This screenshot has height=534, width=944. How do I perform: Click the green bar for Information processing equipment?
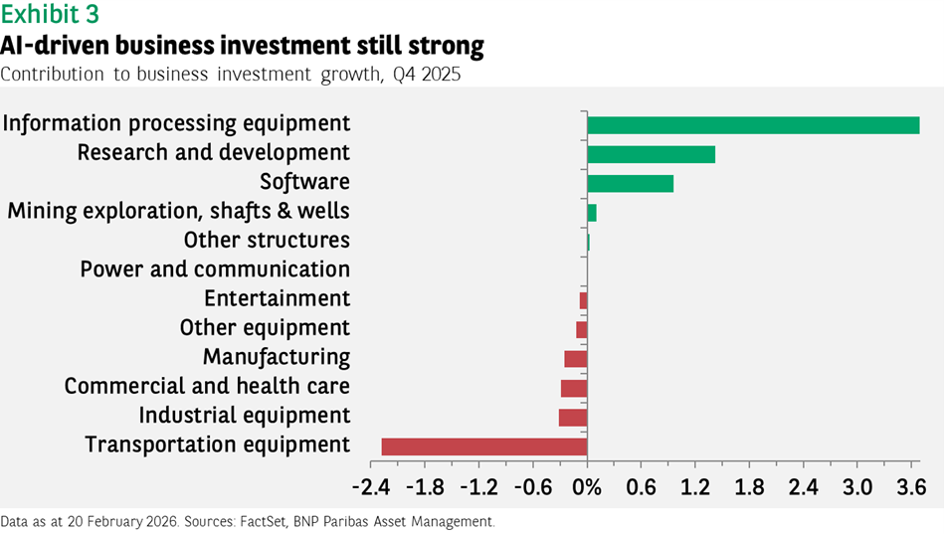click(753, 125)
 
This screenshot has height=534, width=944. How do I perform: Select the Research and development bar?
click(651, 154)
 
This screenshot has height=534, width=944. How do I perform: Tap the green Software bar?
click(630, 183)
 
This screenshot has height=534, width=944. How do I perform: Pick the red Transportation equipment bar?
click(484, 446)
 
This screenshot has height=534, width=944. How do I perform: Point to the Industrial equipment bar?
click(573, 418)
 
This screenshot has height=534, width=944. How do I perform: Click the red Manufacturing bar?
click(576, 359)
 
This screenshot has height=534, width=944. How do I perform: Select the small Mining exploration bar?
click(592, 213)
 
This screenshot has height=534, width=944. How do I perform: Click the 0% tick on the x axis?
click(588, 488)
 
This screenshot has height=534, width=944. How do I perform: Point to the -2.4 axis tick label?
click(371, 488)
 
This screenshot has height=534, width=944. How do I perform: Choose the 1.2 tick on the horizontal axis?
click(695, 488)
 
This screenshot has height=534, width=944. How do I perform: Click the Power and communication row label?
click(215, 269)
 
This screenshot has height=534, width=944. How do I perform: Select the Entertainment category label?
click(277, 298)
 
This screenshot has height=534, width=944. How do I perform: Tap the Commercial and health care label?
click(207, 386)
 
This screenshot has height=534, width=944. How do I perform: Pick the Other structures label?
click(267, 241)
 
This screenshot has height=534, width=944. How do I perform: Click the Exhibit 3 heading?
click(50, 15)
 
